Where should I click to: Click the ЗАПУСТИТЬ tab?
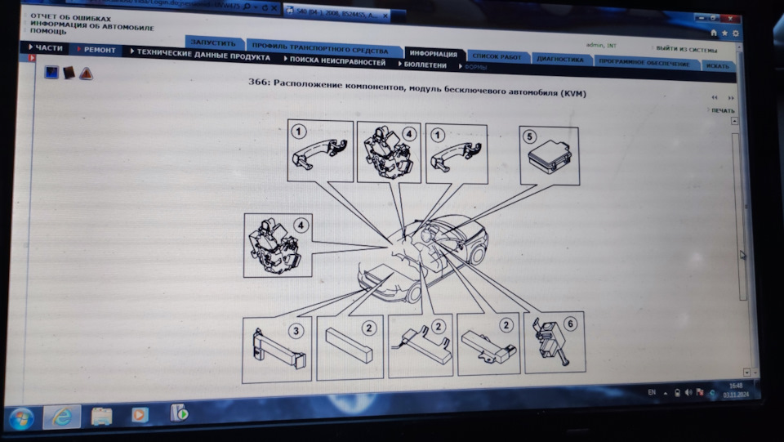pyautogui.click(x=213, y=42)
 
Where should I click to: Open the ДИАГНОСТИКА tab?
pyautogui.click(x=560, y=60)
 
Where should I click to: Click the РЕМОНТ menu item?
pyautogui.click(x=99, y=51)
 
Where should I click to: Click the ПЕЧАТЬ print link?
pyautogui.click(x=722, y=110)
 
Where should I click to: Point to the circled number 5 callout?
pyautogui.click(x=530, y=136)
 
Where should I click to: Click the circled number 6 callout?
pyautogui.click(x=570, y=324)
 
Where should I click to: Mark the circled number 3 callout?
pyautogui.click(x=296, y=330)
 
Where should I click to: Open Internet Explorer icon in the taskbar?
pyautogui.click(x=61, y=416)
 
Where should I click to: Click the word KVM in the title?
pyautogui.click(x=572, y=94)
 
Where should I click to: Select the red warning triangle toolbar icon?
pyautogui.click(x=86, y=74)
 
